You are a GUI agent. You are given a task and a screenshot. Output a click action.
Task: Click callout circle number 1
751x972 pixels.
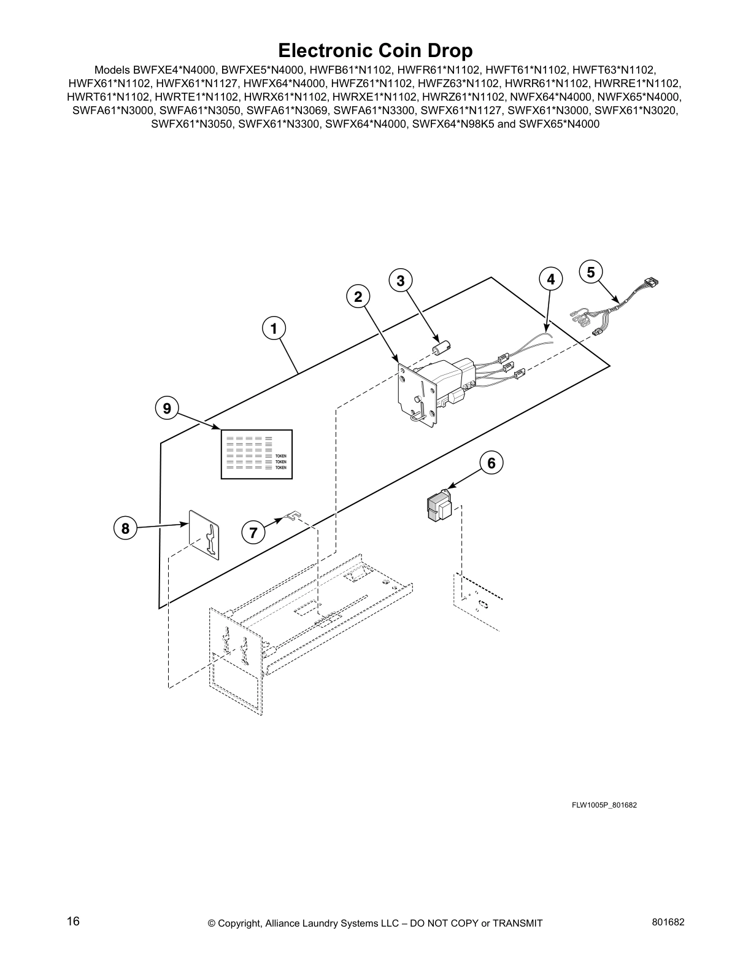[274, 328]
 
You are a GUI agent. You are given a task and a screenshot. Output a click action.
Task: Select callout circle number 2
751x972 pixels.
[358, 296]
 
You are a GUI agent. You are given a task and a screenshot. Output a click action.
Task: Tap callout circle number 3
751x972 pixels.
[400, 280]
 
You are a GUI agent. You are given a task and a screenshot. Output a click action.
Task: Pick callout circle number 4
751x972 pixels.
[550, 279]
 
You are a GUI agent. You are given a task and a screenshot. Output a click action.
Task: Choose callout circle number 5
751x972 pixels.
[590, 272]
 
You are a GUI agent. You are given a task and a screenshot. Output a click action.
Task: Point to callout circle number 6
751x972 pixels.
[491, 463]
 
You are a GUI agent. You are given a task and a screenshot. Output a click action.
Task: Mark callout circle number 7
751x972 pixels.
[253, 531]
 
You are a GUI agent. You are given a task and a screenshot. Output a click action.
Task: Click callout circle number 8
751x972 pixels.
[125, 528]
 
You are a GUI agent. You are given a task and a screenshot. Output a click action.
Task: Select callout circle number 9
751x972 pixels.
[167, 408]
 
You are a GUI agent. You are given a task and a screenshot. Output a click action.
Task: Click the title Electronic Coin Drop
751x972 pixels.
[375, 50]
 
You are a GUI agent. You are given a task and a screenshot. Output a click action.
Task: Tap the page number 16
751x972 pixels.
[73, 922]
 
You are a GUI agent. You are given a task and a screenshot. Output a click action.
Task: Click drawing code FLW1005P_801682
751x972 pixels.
[604, 804]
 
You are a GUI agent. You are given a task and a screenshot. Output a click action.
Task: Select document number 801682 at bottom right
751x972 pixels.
[667, 922]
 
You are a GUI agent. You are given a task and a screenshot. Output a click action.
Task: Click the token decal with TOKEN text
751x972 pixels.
[257, 454]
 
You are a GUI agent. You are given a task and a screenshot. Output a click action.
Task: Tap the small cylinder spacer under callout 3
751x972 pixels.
[438, 347]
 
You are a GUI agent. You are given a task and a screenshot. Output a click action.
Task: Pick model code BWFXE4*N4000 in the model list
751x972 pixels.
[166, 71]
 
